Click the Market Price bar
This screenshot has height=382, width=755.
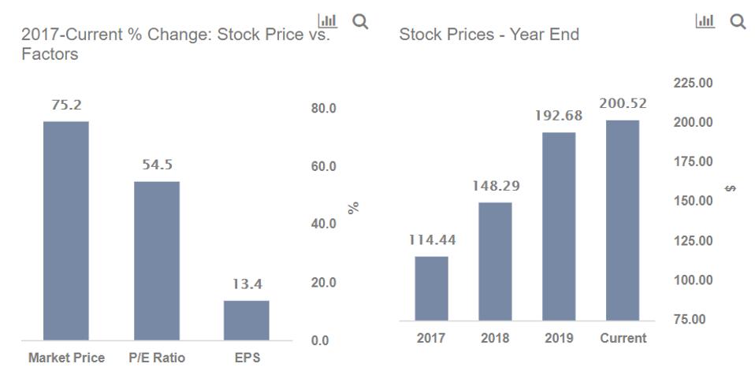point(66,230)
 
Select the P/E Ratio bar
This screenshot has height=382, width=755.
point(157,261)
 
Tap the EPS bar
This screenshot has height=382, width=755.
point(247,320)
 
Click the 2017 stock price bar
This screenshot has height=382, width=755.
point(431,288)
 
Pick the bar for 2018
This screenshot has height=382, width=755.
point(495,261)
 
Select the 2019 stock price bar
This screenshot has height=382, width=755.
point(559,226)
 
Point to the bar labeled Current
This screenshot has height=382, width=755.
point(623,220)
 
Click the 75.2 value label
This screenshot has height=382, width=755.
point(66,106)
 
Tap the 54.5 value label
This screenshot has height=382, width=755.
point(157,165)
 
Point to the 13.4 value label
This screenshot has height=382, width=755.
point(247,284)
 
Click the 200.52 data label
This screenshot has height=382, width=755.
point(623,104)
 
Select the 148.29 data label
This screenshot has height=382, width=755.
point(495,187)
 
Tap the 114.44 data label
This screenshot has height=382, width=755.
point(431,240)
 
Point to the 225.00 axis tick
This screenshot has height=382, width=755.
point(694,83)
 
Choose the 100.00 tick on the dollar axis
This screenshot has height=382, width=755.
point(694,280)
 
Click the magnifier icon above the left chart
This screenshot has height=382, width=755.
point(360,21)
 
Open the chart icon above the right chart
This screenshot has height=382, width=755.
point(705,21)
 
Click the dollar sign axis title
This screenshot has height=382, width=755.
point(731,188)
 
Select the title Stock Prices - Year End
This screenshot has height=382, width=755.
point(489,35)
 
